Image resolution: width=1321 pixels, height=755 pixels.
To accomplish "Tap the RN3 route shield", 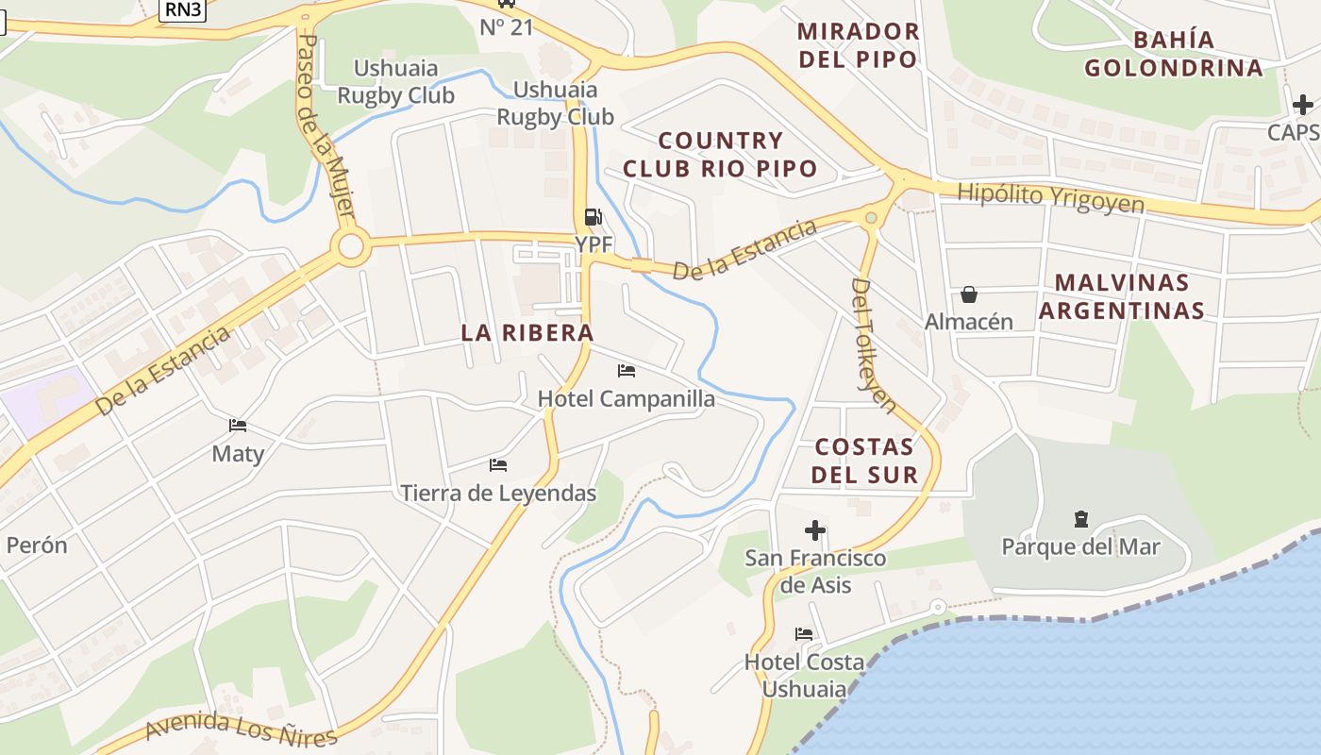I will pos(180,8).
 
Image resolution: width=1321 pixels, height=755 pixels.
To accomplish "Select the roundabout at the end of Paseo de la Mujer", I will pos(350,247).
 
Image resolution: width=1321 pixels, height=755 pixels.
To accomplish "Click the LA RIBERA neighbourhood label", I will pos(527,332).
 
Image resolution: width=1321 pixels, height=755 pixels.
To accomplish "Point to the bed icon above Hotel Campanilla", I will pos(627,371).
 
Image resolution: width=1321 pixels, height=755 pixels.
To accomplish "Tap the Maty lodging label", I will pos(238,453).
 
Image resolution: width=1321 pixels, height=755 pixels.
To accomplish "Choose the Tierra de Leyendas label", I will pos(498,493).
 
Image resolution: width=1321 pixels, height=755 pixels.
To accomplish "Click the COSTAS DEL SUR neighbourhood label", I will pos(865,460).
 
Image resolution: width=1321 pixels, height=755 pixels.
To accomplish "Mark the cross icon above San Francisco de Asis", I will pos(815,530).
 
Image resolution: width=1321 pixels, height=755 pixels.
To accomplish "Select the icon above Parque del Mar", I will pos(1081,519).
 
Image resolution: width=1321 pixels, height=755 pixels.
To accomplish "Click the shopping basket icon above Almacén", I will pos(969,295).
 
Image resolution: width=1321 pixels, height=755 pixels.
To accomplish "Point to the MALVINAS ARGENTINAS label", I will pos(1122,296).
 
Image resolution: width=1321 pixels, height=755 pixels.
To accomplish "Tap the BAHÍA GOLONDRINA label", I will pos(1174,54).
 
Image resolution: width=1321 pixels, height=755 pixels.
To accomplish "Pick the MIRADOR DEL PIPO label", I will pos(858,44).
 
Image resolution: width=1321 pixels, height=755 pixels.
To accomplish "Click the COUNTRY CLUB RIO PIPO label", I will pos(720,155).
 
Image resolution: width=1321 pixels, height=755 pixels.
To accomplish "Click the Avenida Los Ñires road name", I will pos(242,729).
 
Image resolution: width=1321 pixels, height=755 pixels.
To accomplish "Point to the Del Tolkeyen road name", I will pos(873,344).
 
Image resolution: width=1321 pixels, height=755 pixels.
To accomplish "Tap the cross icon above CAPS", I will pos(1303,105).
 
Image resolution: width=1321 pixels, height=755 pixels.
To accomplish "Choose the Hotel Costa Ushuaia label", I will pos(804,675).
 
